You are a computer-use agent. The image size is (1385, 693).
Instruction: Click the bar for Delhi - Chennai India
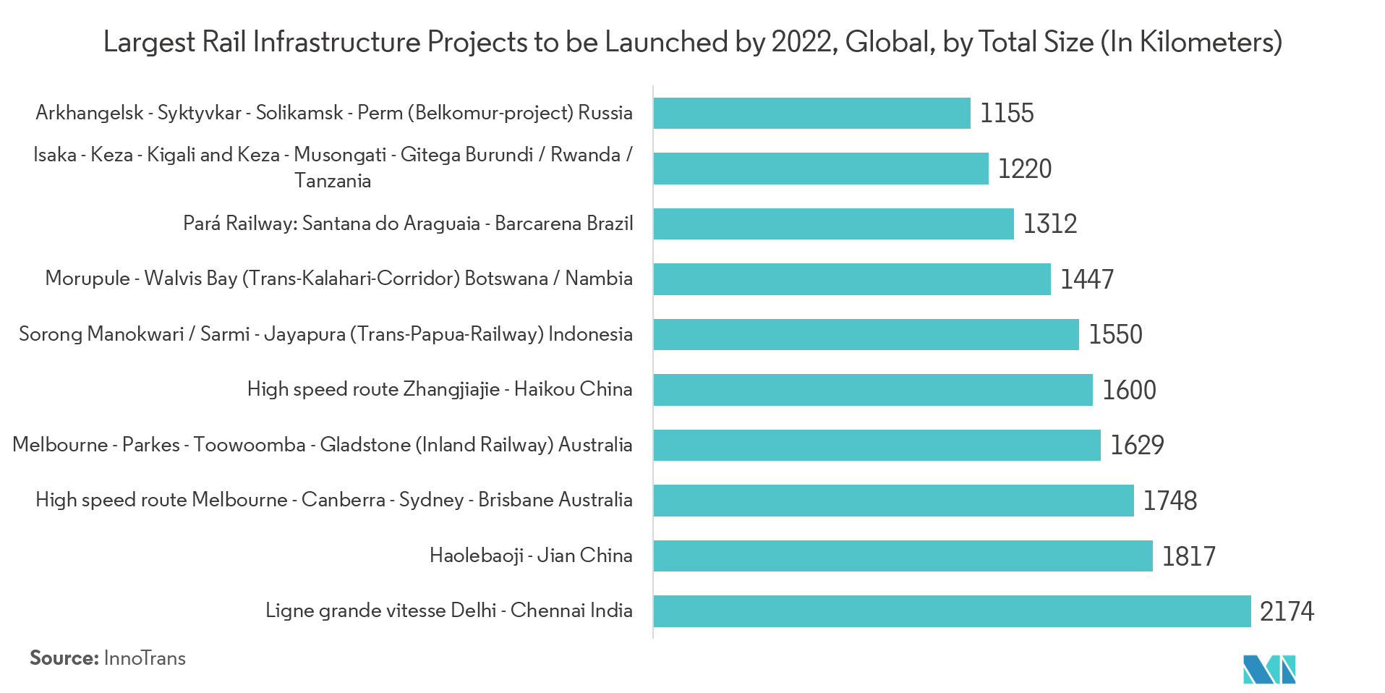tap(952, 611)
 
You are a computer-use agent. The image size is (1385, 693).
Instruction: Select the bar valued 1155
tap(811, 114)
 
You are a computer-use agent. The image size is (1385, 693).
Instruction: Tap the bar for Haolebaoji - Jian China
tap(903, 556)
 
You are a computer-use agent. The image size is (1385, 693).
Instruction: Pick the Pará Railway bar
tap(833, 224)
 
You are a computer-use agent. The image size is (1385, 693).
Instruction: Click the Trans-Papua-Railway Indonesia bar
tap(866, 335)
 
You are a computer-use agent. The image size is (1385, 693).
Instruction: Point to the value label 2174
tap(1287, 612)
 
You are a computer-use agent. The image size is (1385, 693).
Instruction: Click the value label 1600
tap(1129, 391)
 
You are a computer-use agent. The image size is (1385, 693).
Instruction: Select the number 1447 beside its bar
tap(1086, 279)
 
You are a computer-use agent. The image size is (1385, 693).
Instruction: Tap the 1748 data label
tap(1169, 501)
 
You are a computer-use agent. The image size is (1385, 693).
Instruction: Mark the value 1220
tap(1024, 169)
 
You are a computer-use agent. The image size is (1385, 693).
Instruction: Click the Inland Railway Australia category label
tap(323, 445)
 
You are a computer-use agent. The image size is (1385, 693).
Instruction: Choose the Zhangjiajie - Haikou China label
tap(440, 389)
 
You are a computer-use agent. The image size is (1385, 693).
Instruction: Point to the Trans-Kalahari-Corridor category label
tap(338, 279)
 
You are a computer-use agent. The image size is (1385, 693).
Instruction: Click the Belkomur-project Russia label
tap(334, 114)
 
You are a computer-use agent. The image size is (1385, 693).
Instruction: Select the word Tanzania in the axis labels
tap(333, 181)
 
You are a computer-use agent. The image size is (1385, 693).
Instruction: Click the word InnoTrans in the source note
tap(145, 658)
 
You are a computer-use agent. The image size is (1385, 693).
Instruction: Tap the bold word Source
tap(64, 658)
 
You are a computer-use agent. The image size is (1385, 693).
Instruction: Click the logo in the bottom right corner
tap(1269, 669)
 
